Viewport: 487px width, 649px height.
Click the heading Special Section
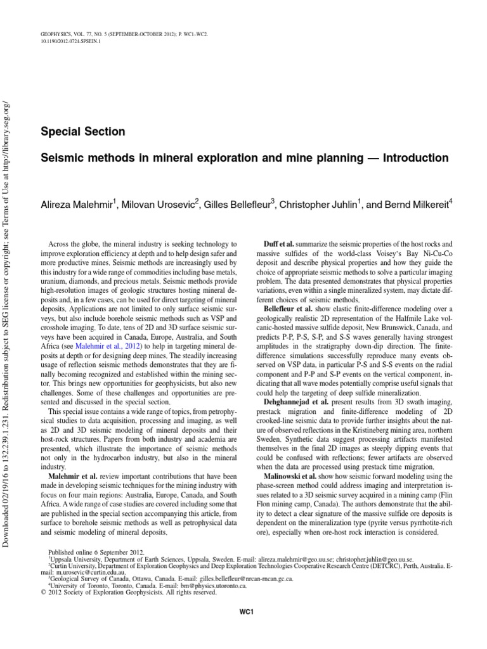click(x=82, y=132)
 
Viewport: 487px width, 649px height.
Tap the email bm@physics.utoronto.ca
click(x=198, y=586)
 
